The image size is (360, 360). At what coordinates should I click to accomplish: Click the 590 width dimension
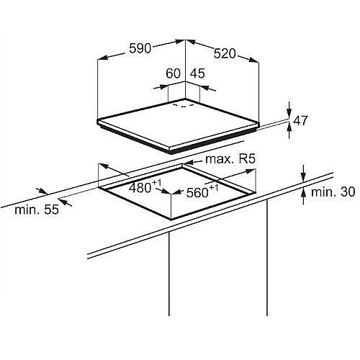tap(140, 48)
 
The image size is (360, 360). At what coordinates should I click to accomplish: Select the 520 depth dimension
tap(225, 53)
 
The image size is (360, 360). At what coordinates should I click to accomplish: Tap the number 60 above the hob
tap(173, 73)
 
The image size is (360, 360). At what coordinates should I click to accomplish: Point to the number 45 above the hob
tap(197, 73)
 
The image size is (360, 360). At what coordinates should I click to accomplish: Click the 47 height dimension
tap(300, 120)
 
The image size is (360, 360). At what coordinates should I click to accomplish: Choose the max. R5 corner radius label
tap(230, 159)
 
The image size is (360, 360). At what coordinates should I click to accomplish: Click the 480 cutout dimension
tap(140, 188)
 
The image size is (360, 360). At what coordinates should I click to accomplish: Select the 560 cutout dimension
tap(197, 192)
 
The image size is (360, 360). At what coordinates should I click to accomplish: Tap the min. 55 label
tap(37, 210)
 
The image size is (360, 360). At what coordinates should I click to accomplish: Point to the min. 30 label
tap(333, 192)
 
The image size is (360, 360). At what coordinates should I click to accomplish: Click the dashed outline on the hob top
tap(184, 105)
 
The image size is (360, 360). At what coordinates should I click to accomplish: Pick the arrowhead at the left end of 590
tap(103, 58)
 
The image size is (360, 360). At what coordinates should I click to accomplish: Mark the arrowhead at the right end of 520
tap(254, 60)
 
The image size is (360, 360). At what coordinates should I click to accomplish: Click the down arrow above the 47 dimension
tap(289, 109)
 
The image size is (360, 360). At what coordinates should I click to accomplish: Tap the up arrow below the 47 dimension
tap(289, 130)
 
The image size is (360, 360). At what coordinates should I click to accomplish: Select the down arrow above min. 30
tap(304, 174)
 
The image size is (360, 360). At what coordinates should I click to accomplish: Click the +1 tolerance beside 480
tap(156, 183)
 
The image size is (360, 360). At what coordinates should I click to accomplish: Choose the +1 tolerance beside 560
tap(214, 188)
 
